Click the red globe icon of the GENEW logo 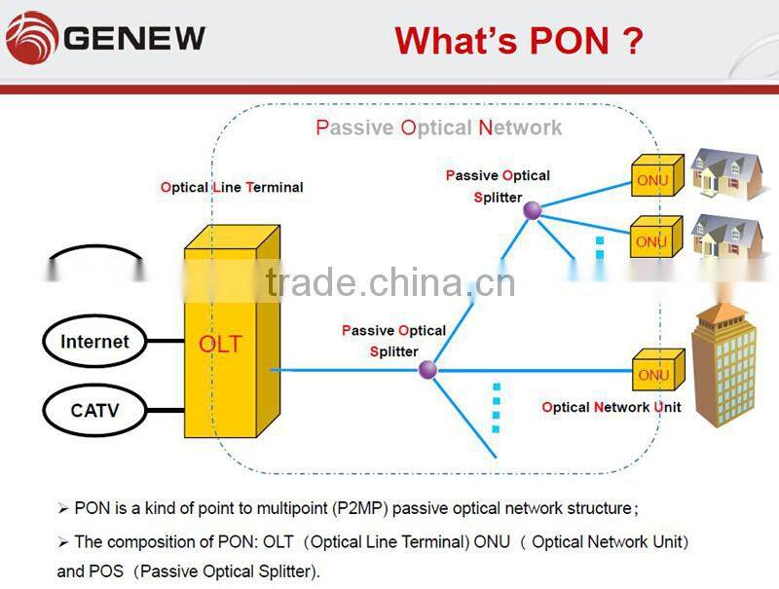30,38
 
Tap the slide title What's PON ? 518,41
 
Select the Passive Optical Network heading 438,128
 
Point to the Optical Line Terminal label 232,187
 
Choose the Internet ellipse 94,342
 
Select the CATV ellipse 94,410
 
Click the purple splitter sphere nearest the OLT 427,369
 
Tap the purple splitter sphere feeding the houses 532,209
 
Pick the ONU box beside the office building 655,374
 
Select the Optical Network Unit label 611,407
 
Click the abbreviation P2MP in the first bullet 361,508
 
